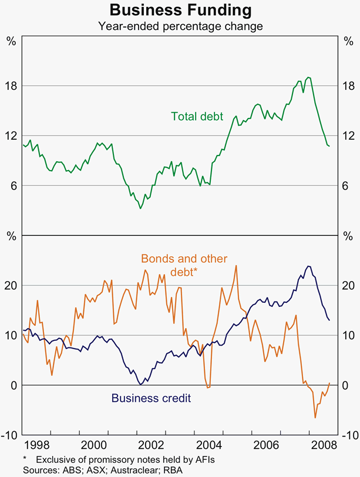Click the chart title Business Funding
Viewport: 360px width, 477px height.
[x=180, y=11]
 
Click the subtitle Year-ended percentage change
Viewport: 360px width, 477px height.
[x=180, y=26]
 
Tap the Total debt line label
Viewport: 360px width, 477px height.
[x=197, y=116]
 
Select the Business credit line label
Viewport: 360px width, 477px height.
[x=151, y=398]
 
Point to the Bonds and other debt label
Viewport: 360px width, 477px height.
[x=183, y=265]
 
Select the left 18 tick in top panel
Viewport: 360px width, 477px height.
[x=11, y=86]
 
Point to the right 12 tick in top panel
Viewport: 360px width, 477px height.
[x=349, y=136]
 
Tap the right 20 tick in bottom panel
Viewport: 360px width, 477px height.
[x=349, y=285]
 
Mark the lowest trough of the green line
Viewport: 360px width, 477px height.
[x=140, y=208]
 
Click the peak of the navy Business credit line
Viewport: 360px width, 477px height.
[x=308, y=266]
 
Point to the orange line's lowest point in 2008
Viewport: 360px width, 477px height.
[x=315, y=418]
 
